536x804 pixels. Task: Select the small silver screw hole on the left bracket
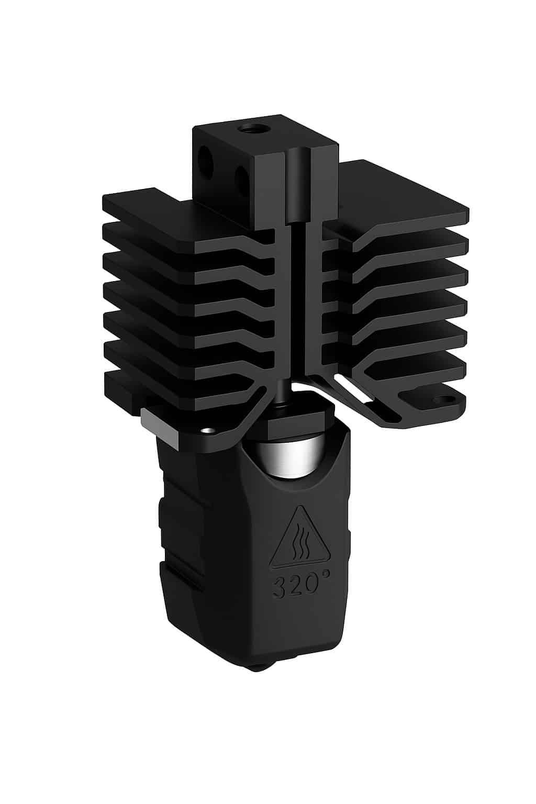(x=208, y=430)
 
